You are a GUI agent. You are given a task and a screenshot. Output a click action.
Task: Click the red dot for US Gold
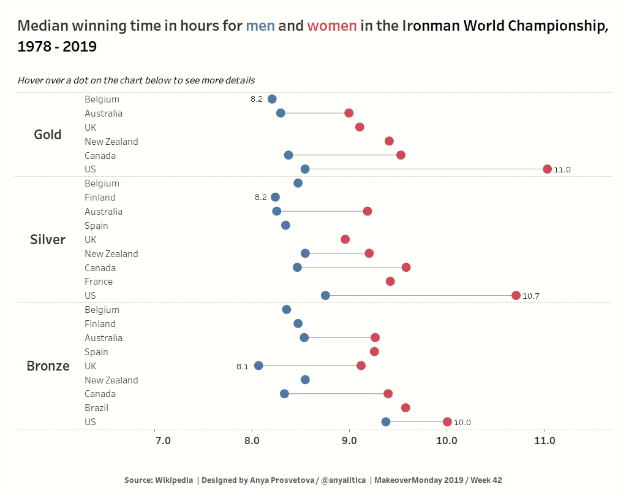(547, 169)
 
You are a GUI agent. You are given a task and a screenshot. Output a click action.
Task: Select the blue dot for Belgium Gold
(272, 99)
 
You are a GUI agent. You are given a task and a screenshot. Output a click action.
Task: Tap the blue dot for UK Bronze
(258, 366)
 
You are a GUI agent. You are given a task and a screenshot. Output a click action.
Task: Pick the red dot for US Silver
(516, 296)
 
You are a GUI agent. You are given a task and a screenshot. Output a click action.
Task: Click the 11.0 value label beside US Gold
(562, 170)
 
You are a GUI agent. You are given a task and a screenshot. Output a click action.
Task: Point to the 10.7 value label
(531, 296)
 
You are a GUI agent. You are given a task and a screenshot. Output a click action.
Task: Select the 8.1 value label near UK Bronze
(243, 366)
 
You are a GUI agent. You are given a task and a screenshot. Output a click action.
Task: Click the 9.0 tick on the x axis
(350, 440)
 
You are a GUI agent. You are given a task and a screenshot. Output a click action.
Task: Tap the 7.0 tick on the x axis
(163, 440)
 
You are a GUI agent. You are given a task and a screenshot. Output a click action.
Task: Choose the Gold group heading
(48, 134)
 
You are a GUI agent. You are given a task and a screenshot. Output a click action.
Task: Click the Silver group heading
(48, 239)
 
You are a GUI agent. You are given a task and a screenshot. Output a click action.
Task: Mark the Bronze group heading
(48, 366)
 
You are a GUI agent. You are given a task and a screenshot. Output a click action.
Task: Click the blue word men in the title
(260, 26)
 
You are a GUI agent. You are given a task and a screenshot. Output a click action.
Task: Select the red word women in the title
(331, 26)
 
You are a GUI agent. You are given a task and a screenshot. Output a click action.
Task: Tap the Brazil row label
(96, 408)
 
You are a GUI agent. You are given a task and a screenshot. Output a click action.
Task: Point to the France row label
(99, 282)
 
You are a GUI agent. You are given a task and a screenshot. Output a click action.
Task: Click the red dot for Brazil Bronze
(405, 408)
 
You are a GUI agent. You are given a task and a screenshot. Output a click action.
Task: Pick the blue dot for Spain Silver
(285, 225)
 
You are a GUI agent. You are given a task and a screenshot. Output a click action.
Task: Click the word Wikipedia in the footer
(175, 480)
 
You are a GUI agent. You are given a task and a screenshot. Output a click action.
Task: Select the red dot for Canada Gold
(401, 155)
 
